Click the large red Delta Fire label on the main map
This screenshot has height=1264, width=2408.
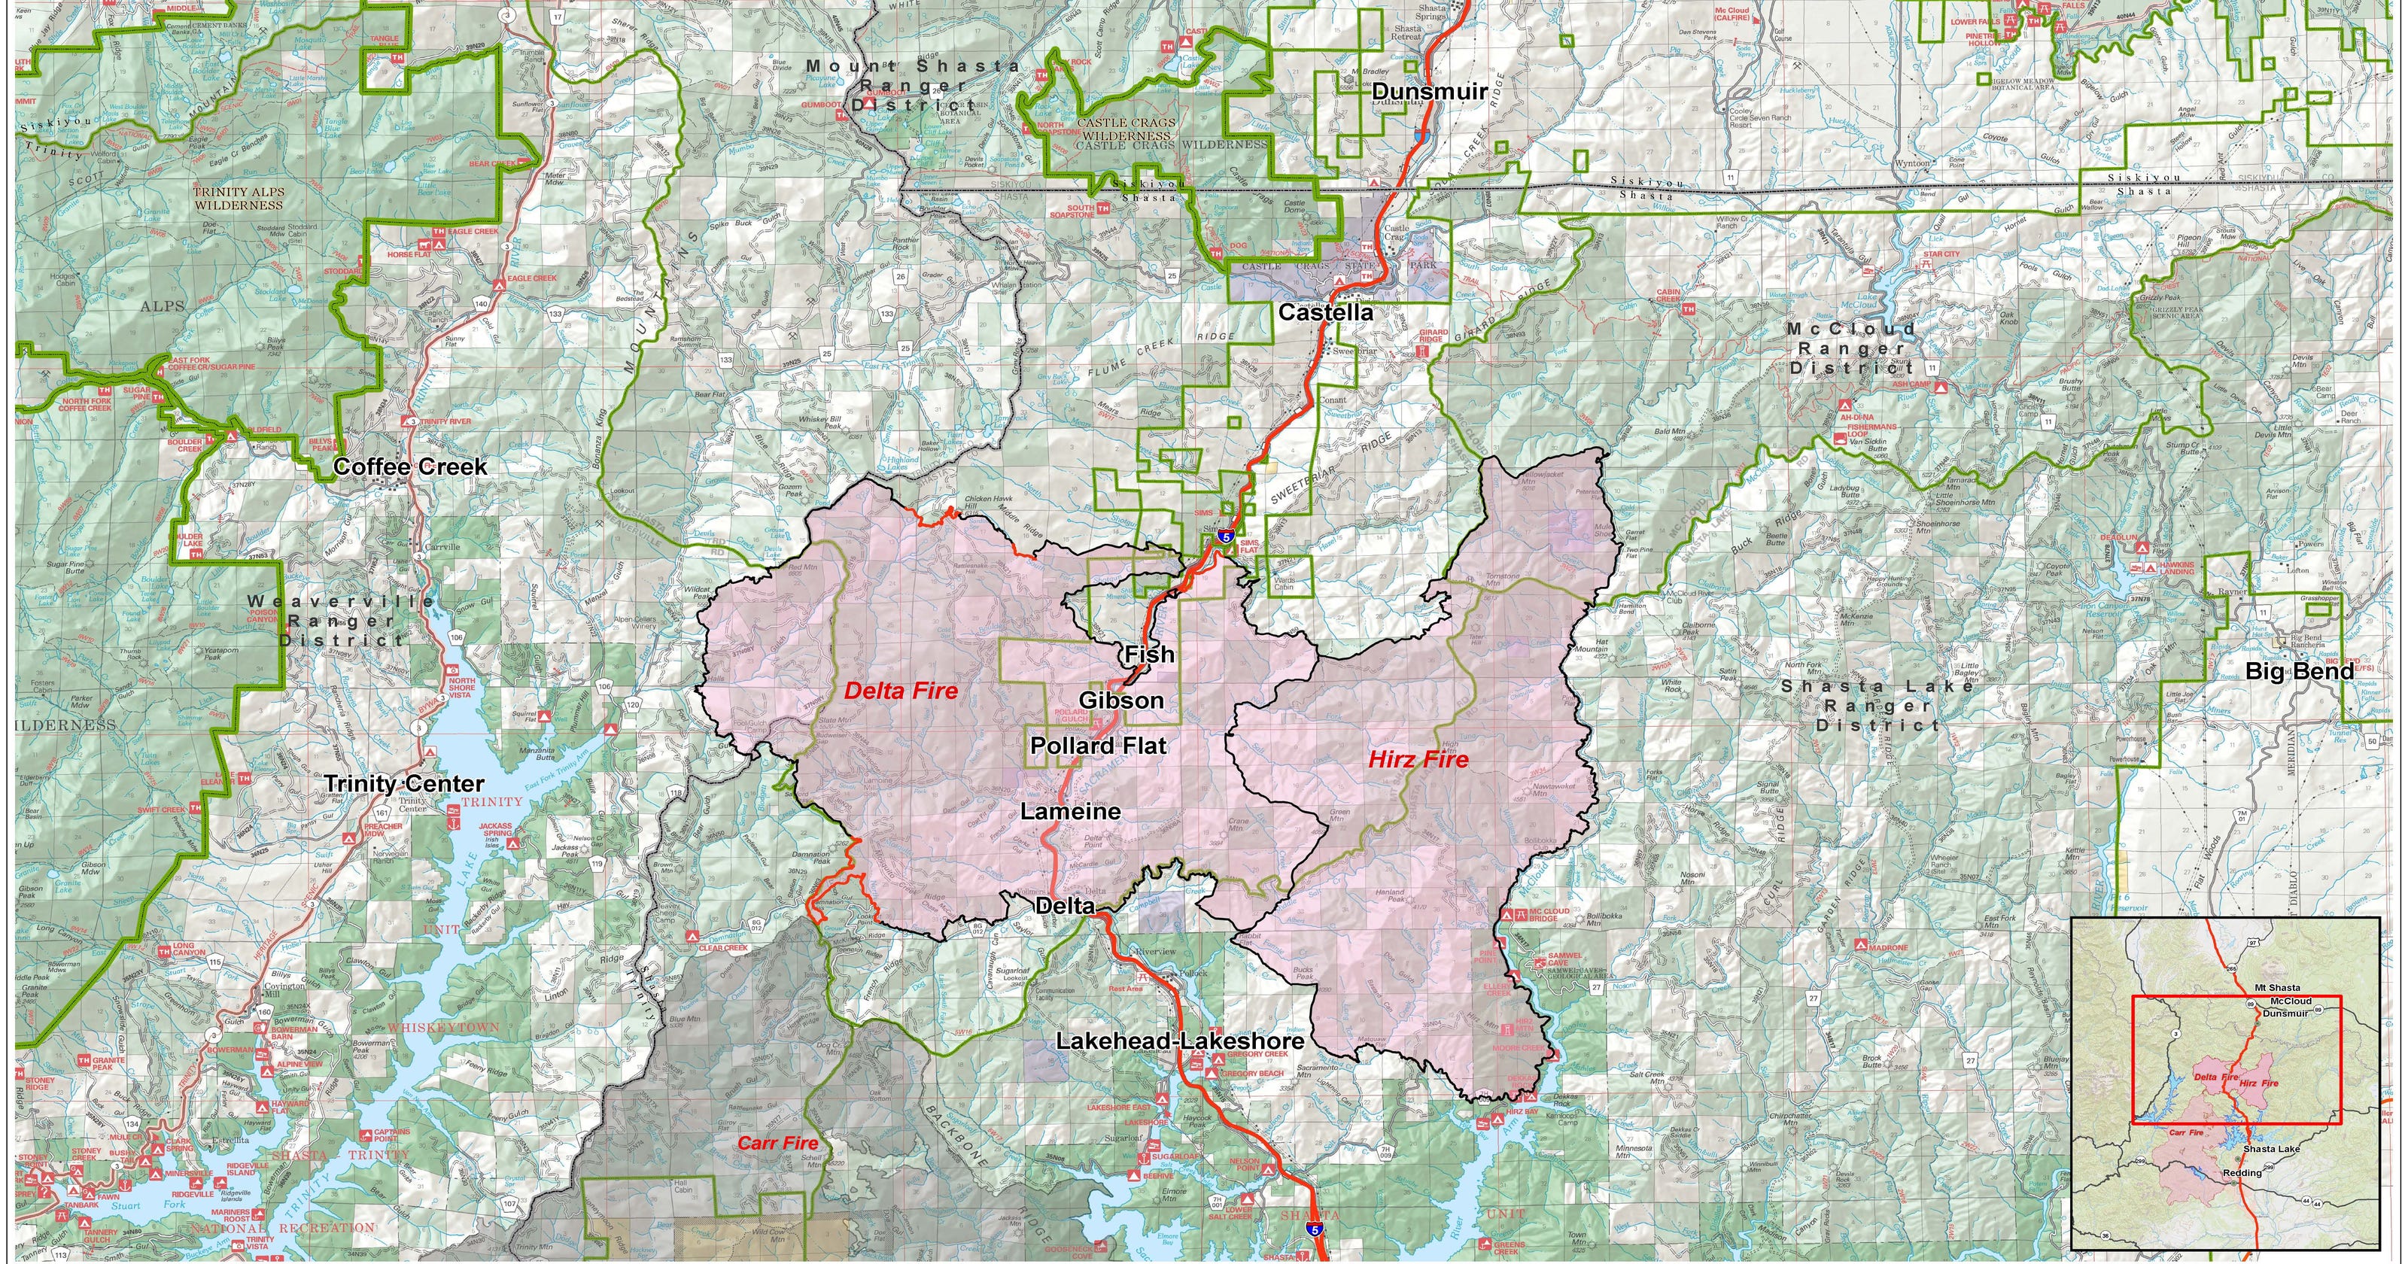click(x=900, y=691)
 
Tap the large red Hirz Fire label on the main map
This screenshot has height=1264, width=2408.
click(x=1418, y=759)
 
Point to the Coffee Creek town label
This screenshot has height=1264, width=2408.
click(x=409, y=466)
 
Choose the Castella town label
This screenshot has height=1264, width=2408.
click(x=1325, y=312)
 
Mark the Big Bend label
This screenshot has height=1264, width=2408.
click(x=2299, y=670)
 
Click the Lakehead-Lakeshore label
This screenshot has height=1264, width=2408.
click(x=1180, y=1041)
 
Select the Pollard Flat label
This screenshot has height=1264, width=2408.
click(x=1099, y=745)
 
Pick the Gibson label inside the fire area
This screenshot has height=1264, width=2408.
click(x=1120, y=699)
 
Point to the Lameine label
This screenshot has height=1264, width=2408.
click(x=1069, y=812)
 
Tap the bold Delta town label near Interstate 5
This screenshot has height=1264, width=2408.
click(x=1064, y=906)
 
